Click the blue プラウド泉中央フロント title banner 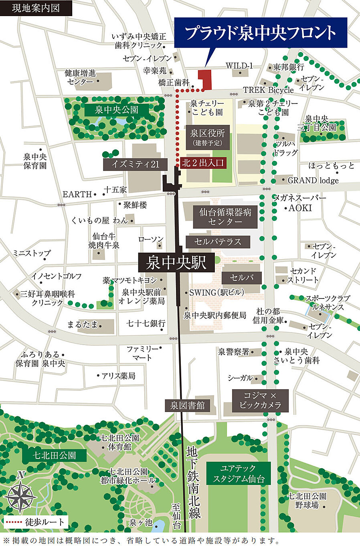tap(261, 33)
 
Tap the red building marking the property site tap(206, 79)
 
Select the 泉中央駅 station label tap(176, 263)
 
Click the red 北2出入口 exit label tap(203, 163)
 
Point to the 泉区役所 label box tap(207, 137)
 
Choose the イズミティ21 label tap(135, 164)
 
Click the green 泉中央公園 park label tap(117, 110)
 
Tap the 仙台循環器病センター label tap(225, 217)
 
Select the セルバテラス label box tap(218, 242)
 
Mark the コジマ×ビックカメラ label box tap(260, 400)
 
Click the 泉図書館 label tap(187, 406)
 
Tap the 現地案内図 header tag tap(36, 8)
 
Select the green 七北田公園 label tap(54, 455)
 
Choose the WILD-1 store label tap(239, 66)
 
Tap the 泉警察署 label tap(233, 352)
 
